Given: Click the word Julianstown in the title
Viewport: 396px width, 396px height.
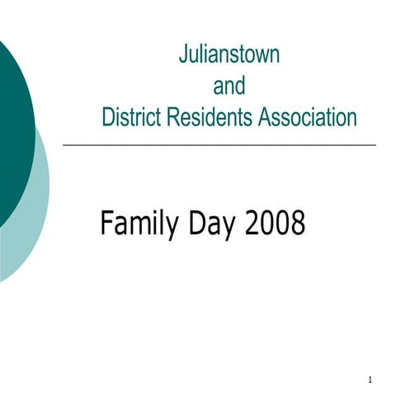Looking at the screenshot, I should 229,55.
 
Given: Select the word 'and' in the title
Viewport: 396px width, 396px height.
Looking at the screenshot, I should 229,86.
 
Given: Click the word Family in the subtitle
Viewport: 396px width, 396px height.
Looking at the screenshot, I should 134,224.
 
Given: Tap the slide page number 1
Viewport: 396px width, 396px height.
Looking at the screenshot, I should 371,380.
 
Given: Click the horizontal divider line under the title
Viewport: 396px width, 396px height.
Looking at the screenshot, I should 219,145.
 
